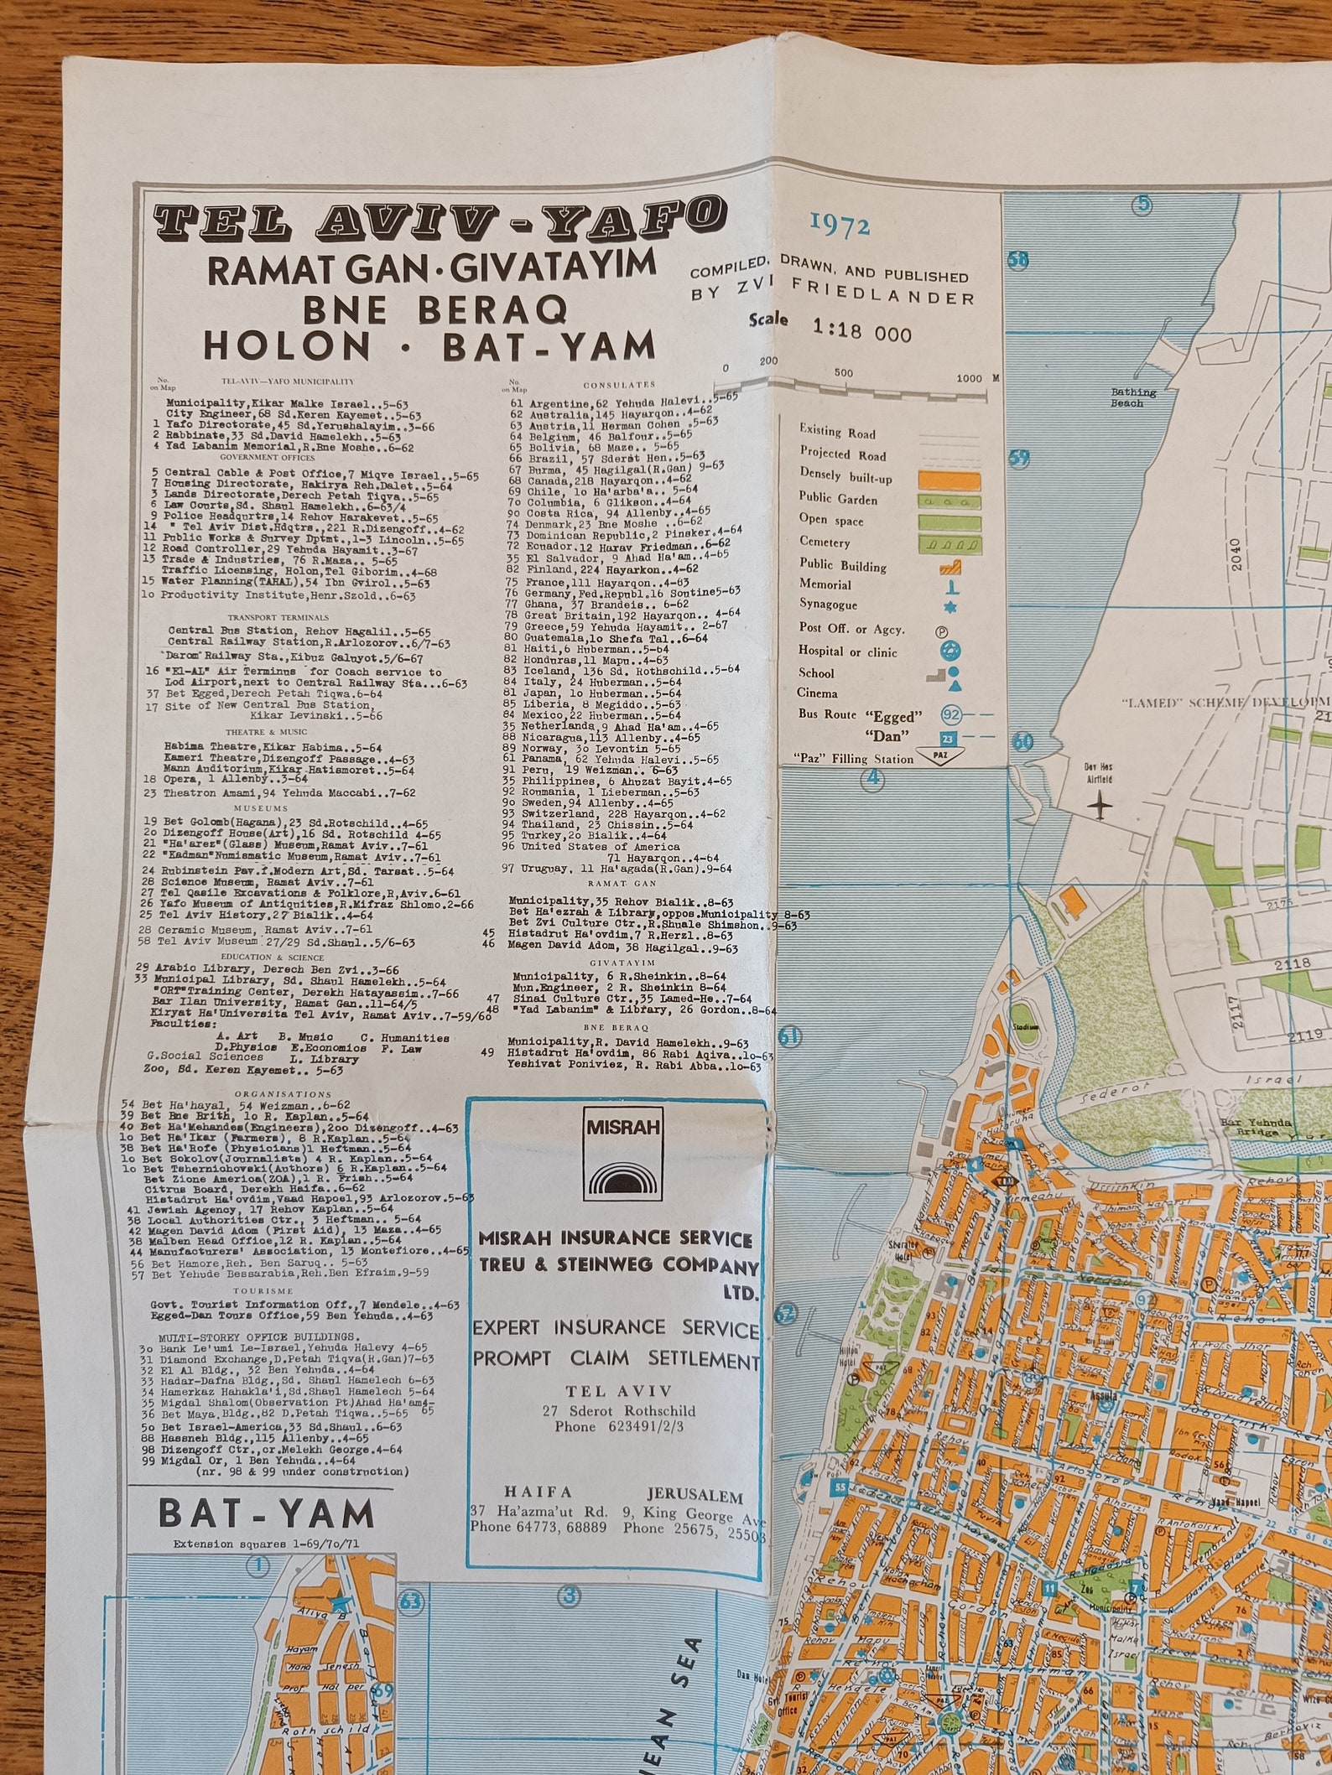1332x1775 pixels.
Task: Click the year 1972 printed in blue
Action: click(840, 225)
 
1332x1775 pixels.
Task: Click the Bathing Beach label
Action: click(1133, 397)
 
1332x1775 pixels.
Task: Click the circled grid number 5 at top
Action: click(1142, 204)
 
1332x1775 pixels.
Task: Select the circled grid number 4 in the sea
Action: click(875, 780)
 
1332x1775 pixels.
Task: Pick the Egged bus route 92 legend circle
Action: click(951, 715)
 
